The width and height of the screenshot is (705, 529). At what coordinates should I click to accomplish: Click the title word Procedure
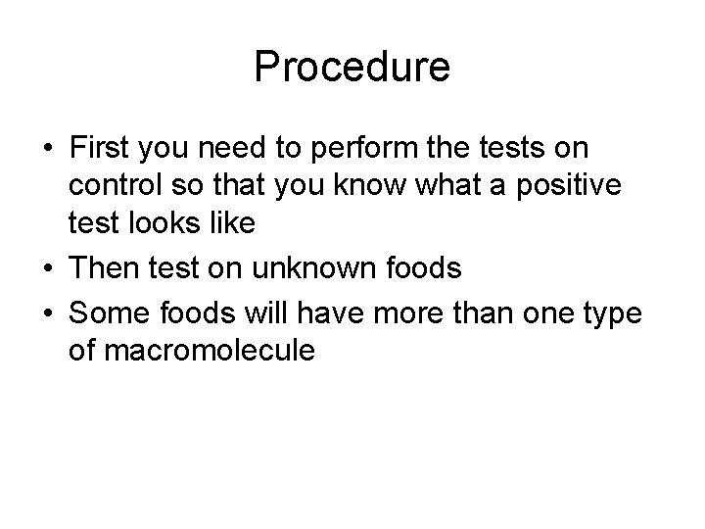point(352,68)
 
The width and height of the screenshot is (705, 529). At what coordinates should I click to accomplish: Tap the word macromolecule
point(192,351)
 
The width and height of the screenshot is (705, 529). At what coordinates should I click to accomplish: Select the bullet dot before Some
point(47,314)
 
